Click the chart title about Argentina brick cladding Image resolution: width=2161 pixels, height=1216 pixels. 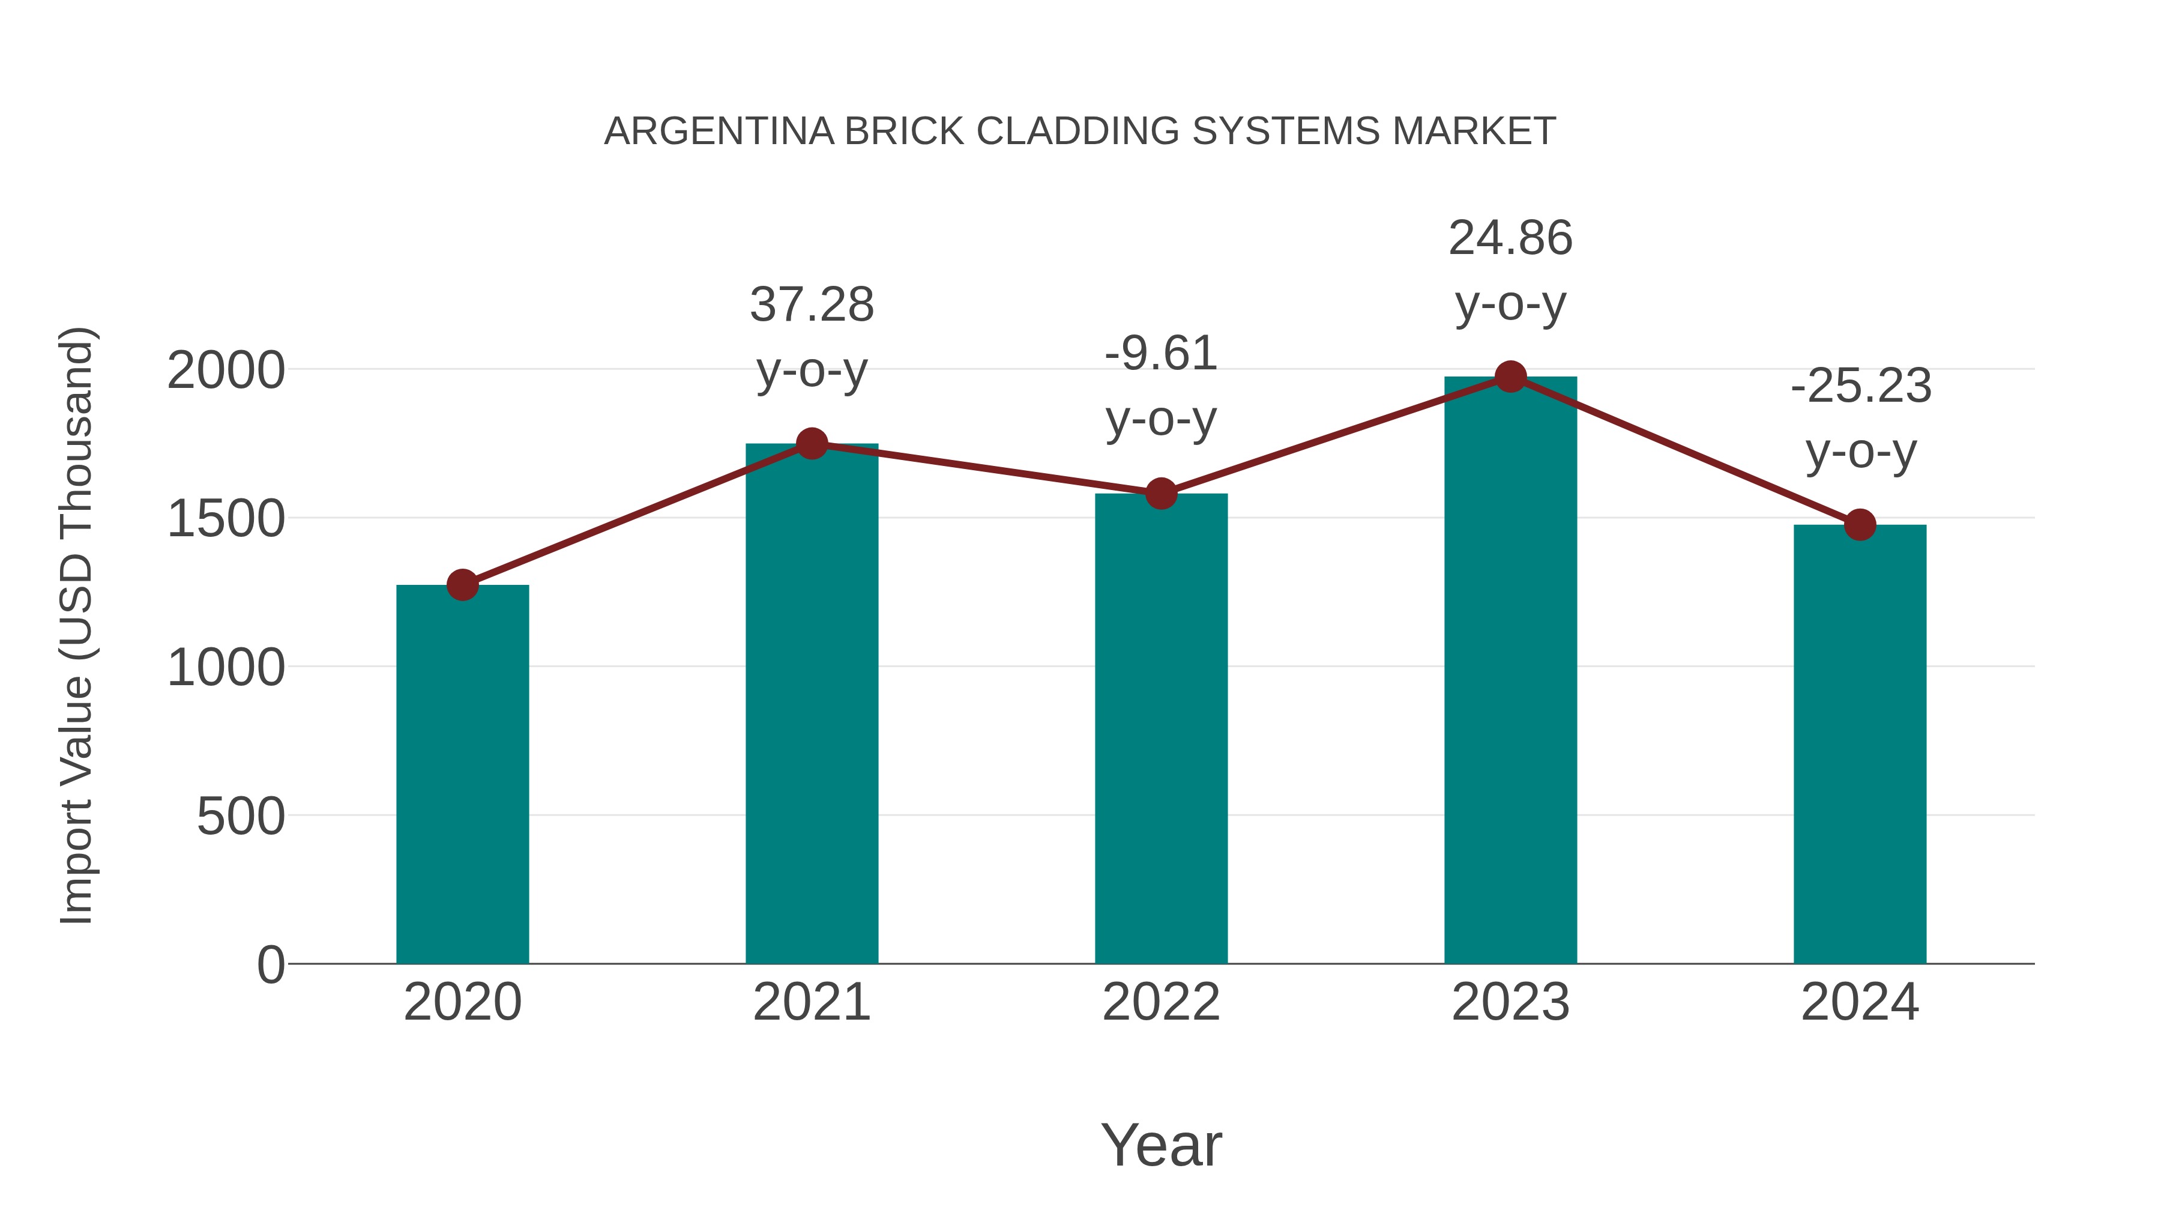click(1080, 132)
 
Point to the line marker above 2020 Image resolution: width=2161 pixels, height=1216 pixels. click(462, 585)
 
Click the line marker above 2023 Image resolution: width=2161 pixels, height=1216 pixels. click(1510, 377)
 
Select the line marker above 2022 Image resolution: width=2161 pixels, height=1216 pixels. click(1161, 494)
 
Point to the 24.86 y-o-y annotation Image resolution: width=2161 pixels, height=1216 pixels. click(1510, 270)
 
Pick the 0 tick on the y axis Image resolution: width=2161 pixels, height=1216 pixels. click(270, 964)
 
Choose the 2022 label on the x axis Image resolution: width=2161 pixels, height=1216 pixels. click(1161, 1002)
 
